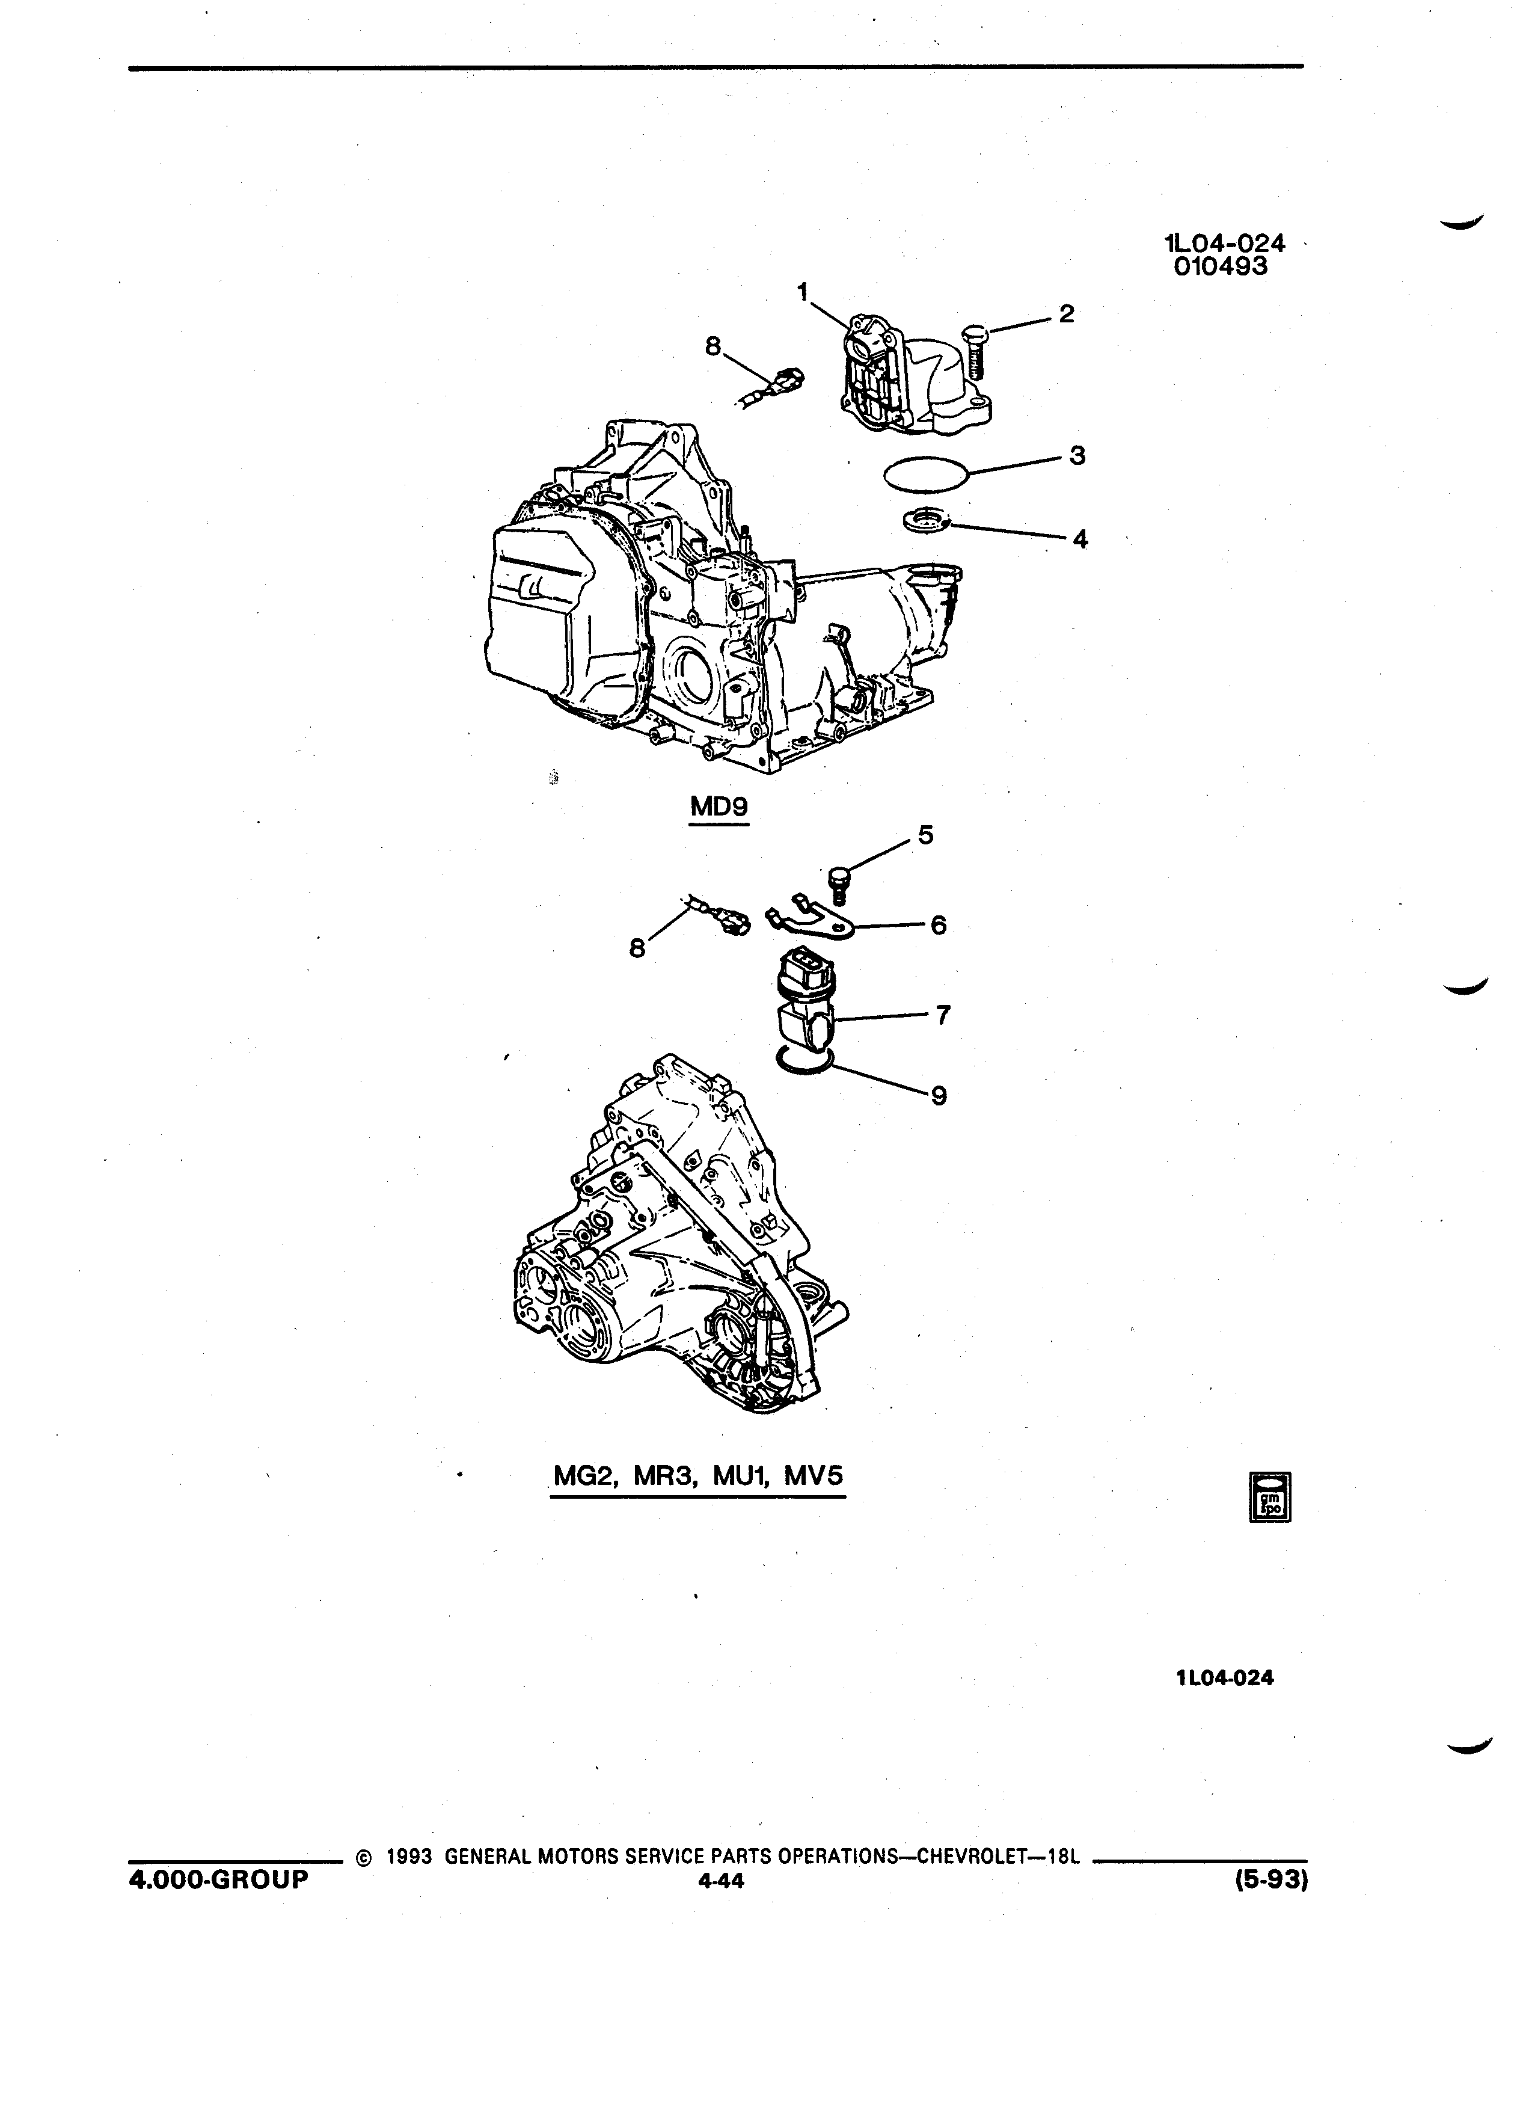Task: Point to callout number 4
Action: (1080, 539)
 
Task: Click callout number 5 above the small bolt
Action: (925, 835)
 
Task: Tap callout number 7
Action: (943, 1015)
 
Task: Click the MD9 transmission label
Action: (719, 807)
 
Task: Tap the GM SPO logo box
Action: (1270, 1498)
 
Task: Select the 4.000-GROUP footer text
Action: (218, 1879)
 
